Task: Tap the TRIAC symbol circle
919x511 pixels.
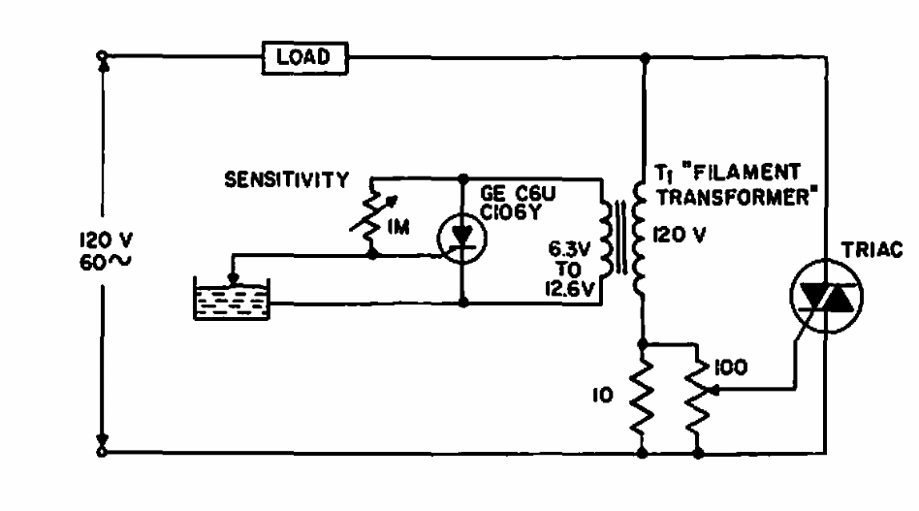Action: [x=791, y=296]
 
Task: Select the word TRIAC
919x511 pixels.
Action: [x=871, y=249]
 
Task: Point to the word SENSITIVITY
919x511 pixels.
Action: [x=287, y=179]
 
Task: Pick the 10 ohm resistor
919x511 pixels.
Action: [x=643, y=397]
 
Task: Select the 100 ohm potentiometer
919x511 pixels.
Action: [x=697, y=397]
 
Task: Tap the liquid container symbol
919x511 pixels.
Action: [x=232, y=299]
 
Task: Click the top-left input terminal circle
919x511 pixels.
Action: [x=102, y=55]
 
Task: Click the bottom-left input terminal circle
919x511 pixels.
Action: [x=102, y=452]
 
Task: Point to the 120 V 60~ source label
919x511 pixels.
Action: [x=106, y=251]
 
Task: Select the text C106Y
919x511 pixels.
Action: [x=510, y=212]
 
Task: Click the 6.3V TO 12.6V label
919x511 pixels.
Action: [x=570, y=269]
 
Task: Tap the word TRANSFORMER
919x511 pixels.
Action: [x=733, y=198]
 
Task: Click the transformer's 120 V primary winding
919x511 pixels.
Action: [x=639, y=238]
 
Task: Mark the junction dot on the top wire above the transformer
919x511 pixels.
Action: [x=645, y=58]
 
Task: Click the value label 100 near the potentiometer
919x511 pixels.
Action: [x=730, y=367]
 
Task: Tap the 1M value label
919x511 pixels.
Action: [x=398, y=226]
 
